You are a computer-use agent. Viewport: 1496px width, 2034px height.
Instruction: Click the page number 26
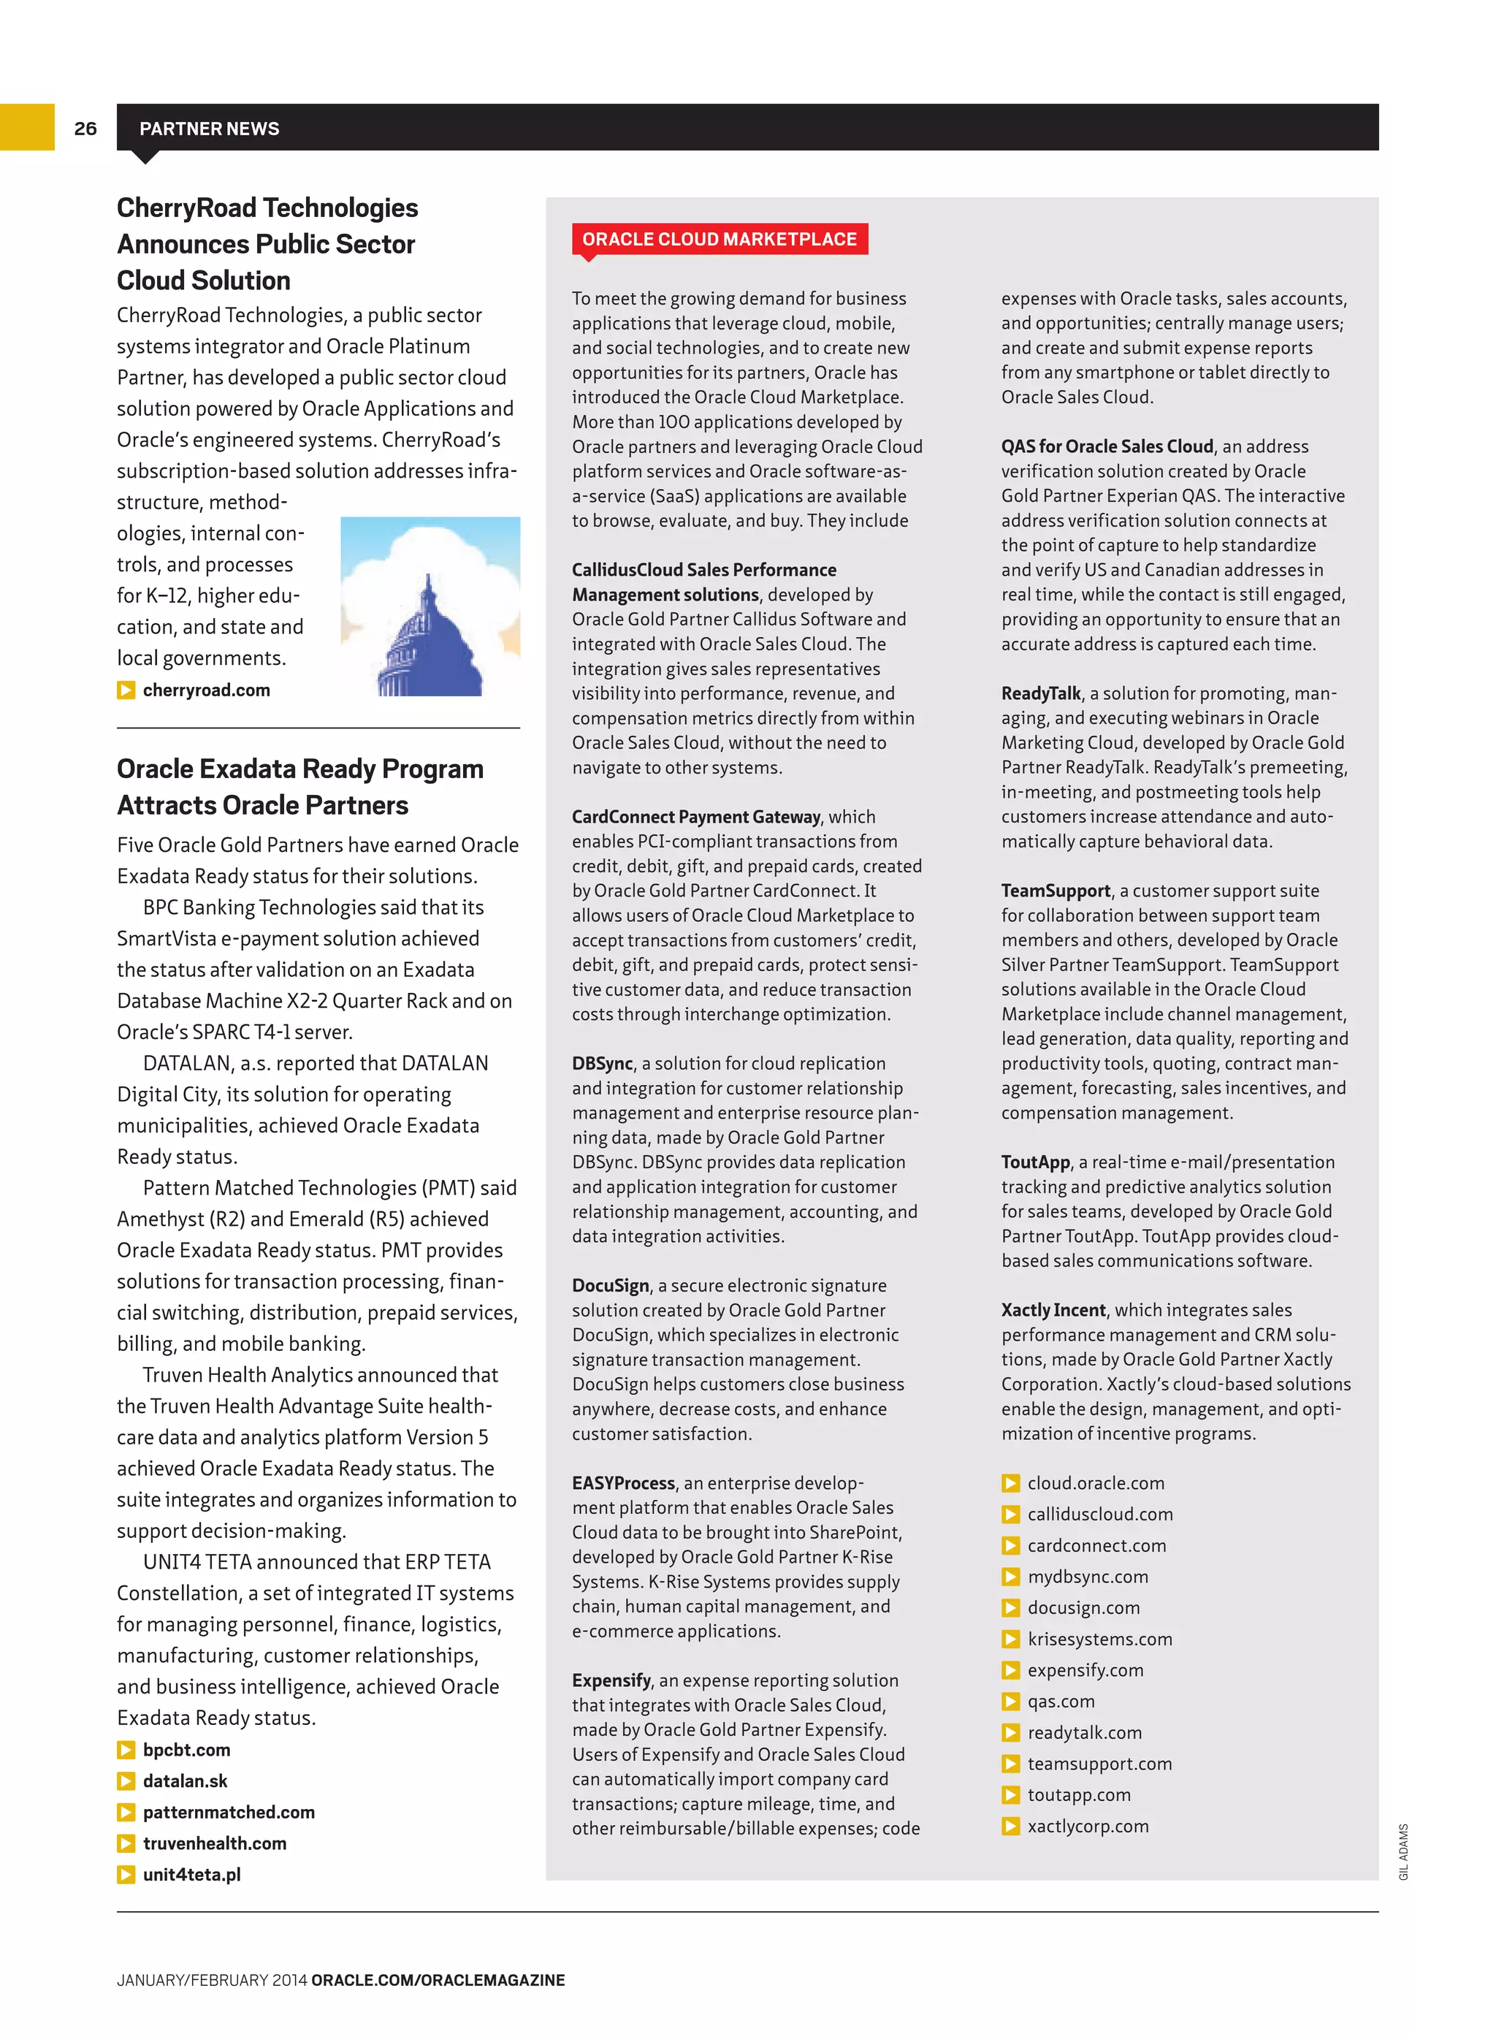85,129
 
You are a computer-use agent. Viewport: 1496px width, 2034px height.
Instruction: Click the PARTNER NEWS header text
209,129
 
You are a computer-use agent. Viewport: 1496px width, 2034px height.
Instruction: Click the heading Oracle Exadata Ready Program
299,769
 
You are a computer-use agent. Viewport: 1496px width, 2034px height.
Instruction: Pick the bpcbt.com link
186,1750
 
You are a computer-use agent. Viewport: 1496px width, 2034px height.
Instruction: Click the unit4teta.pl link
191,1875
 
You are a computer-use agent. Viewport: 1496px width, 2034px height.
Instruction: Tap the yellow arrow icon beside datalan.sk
126,1781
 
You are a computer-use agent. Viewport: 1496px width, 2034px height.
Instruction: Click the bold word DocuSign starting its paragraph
611,1285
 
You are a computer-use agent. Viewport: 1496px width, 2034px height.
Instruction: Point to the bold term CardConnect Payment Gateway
695,817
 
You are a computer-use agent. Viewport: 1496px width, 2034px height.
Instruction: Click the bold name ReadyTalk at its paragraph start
1040,693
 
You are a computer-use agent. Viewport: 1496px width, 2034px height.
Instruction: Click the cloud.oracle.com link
1096,1482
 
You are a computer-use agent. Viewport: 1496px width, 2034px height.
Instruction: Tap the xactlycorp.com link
1088,1826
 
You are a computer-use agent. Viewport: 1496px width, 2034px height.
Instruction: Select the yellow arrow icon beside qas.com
1011,1702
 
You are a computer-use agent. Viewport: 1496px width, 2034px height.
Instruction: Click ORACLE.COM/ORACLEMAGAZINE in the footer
438,1980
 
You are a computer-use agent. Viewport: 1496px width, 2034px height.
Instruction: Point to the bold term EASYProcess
623,1482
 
